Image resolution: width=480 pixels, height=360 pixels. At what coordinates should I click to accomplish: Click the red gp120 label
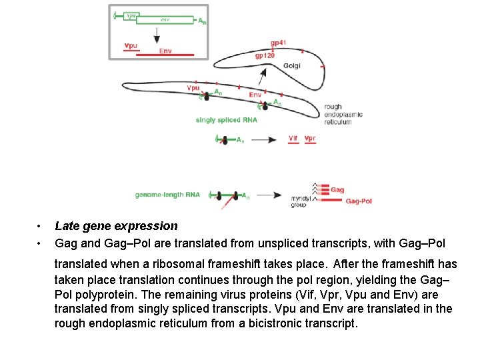(265, 56)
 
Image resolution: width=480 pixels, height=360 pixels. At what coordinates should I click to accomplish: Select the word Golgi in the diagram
(292, 65)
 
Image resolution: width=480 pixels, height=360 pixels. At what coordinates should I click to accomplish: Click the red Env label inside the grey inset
(166, 51)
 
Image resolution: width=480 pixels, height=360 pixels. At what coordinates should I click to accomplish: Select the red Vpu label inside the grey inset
(131, 46)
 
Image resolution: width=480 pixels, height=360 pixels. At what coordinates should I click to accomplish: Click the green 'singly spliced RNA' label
(226, 120)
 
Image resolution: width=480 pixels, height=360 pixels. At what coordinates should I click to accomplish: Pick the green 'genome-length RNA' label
(167, 195)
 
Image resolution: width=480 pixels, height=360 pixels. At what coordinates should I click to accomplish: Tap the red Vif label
(293, 139)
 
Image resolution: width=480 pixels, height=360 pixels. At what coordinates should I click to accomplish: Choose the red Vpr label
(310, 139)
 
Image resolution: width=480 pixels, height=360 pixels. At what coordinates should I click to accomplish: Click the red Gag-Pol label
(359, 201)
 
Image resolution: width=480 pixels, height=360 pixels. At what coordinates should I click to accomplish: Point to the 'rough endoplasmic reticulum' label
(343, 114)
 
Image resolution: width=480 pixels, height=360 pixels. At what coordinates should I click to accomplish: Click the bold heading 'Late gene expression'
(116, 226)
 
